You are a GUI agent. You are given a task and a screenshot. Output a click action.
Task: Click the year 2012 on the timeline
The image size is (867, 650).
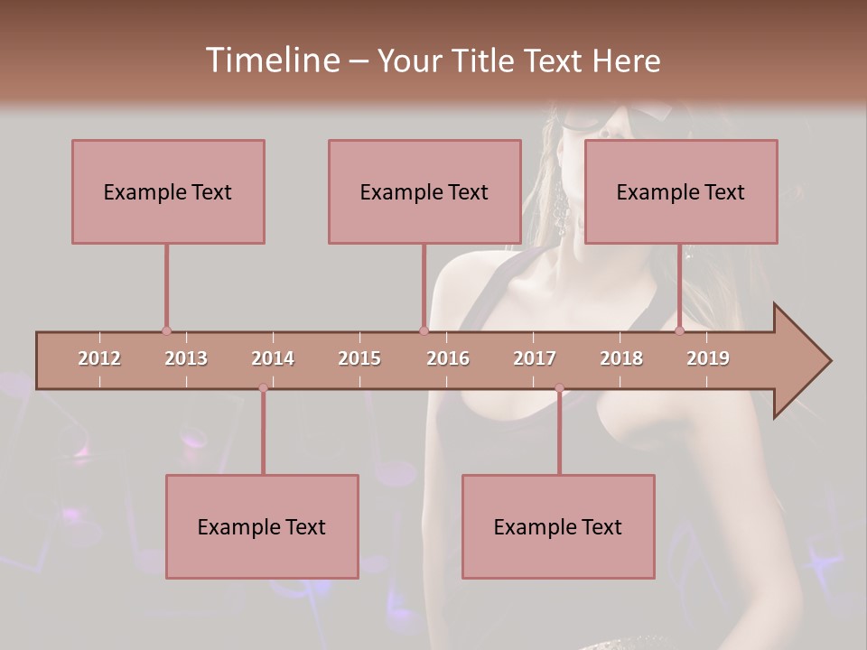point(99,358)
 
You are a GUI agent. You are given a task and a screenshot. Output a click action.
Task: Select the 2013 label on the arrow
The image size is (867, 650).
point(186,358)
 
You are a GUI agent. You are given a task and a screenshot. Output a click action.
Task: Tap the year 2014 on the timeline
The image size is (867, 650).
point(273,358)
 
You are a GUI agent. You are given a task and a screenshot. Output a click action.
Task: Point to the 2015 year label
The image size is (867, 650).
point(359,358)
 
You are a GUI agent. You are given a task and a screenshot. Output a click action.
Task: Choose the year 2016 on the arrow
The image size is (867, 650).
point(448,358)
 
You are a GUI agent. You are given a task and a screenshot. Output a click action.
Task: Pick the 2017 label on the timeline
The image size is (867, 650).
point(535,358)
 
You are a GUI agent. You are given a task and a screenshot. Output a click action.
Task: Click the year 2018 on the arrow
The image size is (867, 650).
point(621,358)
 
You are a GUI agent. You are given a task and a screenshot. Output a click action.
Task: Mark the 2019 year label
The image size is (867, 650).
point(708,358)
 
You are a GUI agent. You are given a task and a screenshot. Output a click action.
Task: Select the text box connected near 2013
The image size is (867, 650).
point(168,191)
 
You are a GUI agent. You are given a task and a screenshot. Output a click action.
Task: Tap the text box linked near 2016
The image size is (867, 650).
point(424,191)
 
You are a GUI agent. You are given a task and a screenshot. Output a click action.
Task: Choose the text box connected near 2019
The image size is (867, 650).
point(681,191)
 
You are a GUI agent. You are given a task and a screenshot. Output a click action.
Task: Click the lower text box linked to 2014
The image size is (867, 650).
point(262,526)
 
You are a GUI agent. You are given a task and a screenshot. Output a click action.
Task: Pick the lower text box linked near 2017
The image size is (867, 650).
point(558,526)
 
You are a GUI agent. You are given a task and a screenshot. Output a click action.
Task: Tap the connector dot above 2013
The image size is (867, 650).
point(166,331)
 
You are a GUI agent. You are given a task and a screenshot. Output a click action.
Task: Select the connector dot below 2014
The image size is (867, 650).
point(263,388)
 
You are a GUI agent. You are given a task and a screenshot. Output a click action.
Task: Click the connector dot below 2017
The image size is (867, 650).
point(559,388)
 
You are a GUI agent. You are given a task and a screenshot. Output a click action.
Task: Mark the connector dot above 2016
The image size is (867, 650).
point(424,331)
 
